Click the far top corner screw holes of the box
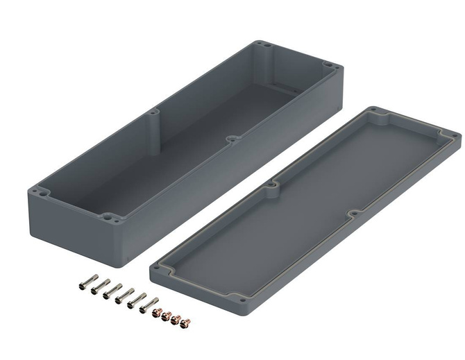click(263, 46)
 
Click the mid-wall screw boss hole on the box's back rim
click(153, 110)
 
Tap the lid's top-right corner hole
click(453, 134)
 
